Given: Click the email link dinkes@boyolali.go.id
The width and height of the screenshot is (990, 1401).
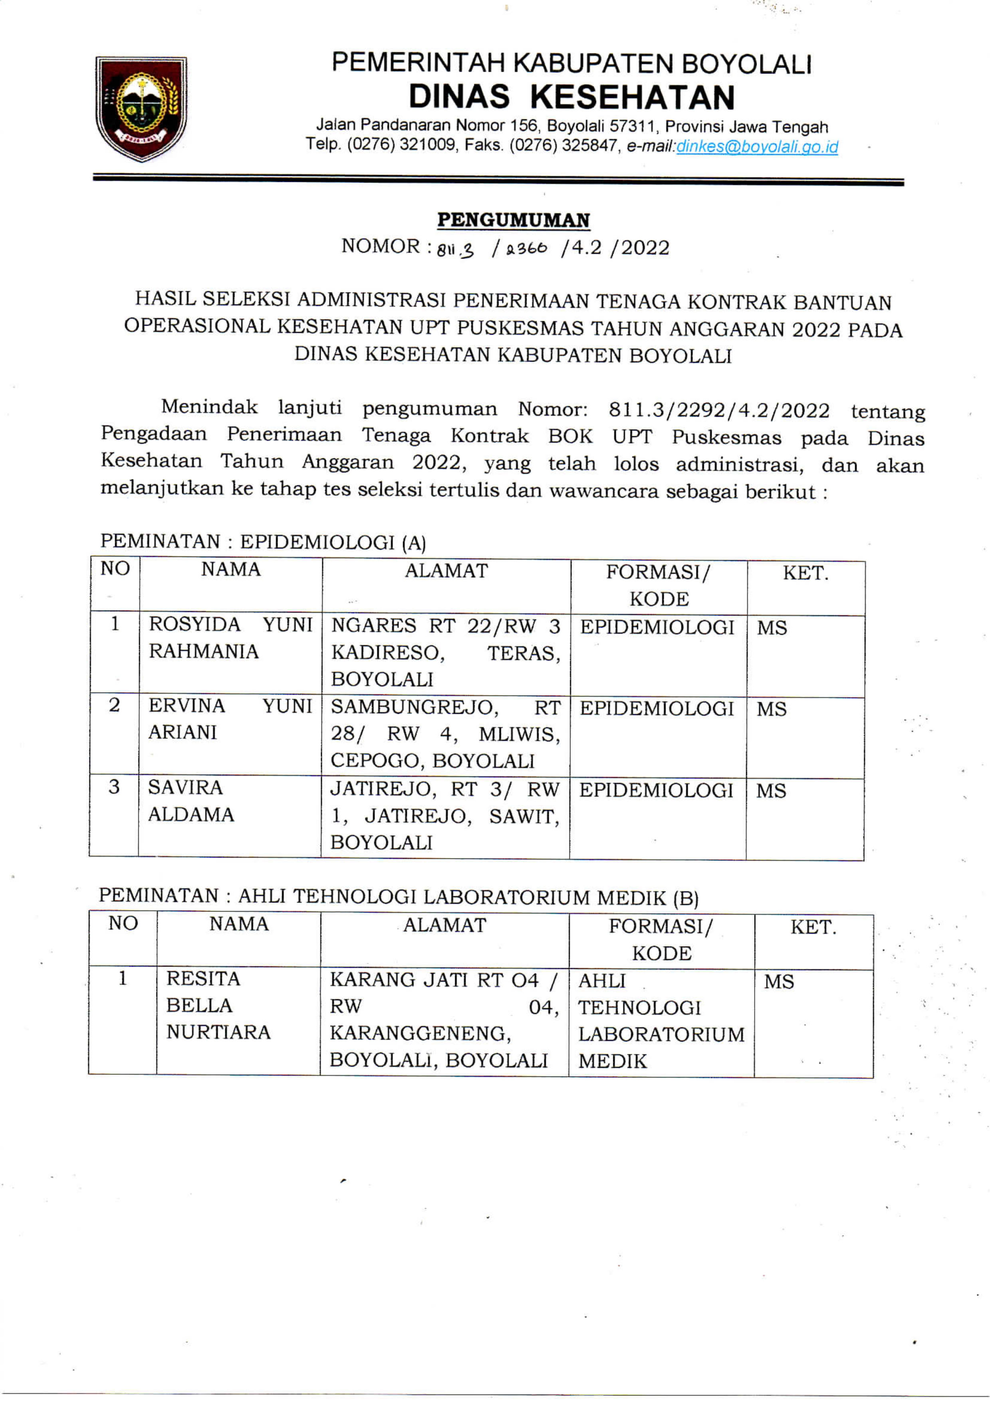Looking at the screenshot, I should tap(757, 147).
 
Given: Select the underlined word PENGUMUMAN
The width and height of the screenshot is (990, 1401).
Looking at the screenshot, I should tap(513, 220).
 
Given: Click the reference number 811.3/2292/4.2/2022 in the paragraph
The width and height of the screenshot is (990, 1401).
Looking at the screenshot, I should tap(718, 411).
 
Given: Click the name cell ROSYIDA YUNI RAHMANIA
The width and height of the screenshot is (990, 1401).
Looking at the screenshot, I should tap(230, 638).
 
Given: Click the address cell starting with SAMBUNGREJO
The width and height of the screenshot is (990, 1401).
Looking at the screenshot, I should tap(445, 734).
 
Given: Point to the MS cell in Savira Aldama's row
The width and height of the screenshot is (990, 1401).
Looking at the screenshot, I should tap(771, 792).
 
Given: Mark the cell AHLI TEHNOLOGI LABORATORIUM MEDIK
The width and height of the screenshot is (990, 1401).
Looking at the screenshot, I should tap(661, 1021).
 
